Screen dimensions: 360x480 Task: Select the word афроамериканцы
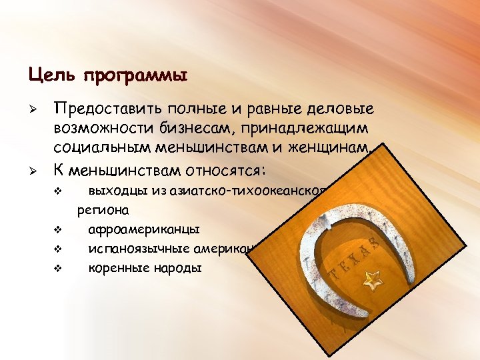(143, 230)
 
